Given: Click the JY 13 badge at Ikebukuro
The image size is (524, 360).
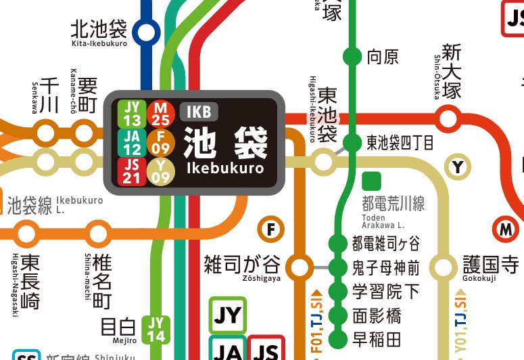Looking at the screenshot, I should point(133,112).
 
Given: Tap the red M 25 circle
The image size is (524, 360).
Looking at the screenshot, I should point(160,112).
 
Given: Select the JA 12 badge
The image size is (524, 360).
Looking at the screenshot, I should point(133,141).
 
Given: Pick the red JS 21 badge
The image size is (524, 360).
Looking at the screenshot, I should point(133,171).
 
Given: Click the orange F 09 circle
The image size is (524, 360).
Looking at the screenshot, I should point(160,141).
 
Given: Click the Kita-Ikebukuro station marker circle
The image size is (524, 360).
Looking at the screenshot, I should point(145,32).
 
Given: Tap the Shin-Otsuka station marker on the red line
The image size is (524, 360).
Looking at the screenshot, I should point(449,118).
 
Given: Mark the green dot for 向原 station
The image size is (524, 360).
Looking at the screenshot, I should point(352,56).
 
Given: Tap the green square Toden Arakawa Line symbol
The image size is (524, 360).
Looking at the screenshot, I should point(371,181).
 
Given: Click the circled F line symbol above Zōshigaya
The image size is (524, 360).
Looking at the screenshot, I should point(271,229).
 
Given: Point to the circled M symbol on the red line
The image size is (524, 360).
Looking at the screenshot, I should point(505,229).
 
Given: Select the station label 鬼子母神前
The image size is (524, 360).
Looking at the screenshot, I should point(385,267).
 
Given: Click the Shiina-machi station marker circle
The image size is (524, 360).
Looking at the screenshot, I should point(99,234).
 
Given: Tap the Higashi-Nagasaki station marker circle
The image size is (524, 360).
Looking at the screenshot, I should point(27,234).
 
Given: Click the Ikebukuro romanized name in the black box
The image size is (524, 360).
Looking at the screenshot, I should point(224,167).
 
